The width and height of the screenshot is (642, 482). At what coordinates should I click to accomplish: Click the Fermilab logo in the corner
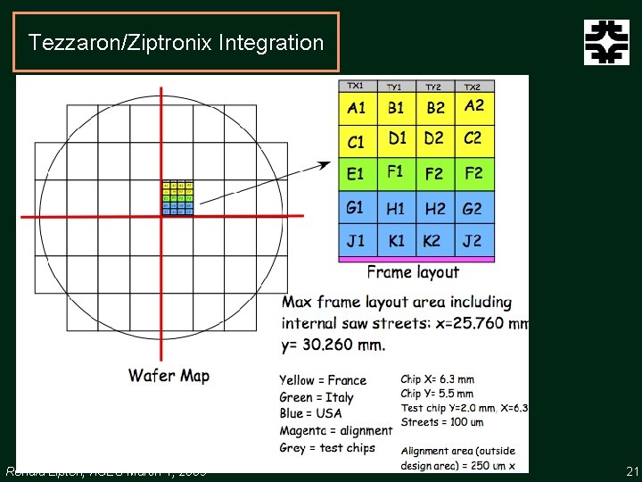click(606, 43)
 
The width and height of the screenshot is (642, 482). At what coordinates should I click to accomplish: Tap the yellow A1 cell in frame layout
click(358, 108)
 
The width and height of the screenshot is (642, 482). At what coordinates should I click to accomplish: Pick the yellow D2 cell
click(434, 138)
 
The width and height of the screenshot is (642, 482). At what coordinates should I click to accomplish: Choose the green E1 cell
click(358, 172)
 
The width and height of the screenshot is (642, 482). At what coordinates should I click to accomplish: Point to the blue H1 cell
click(396, 208)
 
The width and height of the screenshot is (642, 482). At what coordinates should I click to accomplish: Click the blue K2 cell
click(434, 240)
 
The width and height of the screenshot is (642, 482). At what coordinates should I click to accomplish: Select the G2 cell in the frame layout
click(473, 208)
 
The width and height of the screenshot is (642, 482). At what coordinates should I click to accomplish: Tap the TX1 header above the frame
click(355, 86)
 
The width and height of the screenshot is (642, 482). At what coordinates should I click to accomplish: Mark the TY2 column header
click(434, 87)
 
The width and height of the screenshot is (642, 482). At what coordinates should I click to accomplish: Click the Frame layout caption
click(413, 272)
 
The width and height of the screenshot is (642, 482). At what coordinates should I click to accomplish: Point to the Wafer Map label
click(169, 375)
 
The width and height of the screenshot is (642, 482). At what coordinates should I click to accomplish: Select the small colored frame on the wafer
click(177, 198)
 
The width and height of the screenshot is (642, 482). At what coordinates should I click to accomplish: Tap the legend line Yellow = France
click(322, 380)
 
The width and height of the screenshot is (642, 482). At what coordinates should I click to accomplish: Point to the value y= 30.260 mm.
click(333, 344)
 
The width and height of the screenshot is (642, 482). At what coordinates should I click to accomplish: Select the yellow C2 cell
click(473, 138)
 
